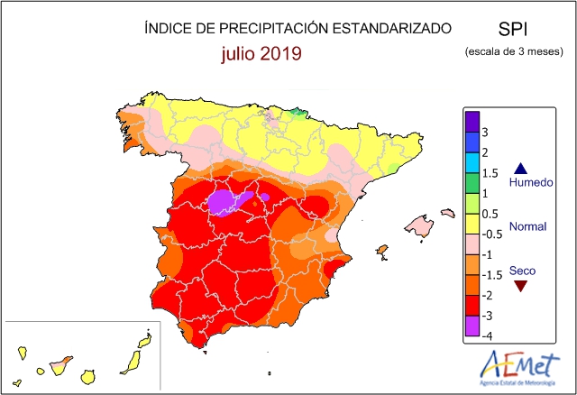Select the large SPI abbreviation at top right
pyautogui.click(x=513, y=29)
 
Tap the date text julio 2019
pyautogui.click(x=261, y=54)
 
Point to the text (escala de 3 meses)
pyautogui.click(x=514, y=51)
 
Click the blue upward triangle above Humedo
pyautogui.click(x=521, y=169)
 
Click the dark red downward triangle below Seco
pyautogui.click(x=521, y=286)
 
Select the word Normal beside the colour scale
pyautogui.click(x=527, y=226)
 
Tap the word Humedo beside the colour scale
pyautogui.click(x=531, y=182)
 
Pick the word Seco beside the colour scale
pyautogui.click(x=522, y=271)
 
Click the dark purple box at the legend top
pyautogui.click(x=472, y=122)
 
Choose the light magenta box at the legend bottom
pyautogui.click(x=472, y=326)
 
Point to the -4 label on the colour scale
pyautogui.click(x=487, y=335)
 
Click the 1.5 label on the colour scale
pyautogui.click(x=490, y=173)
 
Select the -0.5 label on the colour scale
pyautogui.click(x=491, y=234)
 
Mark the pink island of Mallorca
pyautogui.click(x=419, y=225)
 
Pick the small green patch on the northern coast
pyautogui.click(x=298, y=114)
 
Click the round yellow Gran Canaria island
pyautogui.click(x=88, y=377)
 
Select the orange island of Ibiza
pyautogui.click(x=382, y=252)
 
